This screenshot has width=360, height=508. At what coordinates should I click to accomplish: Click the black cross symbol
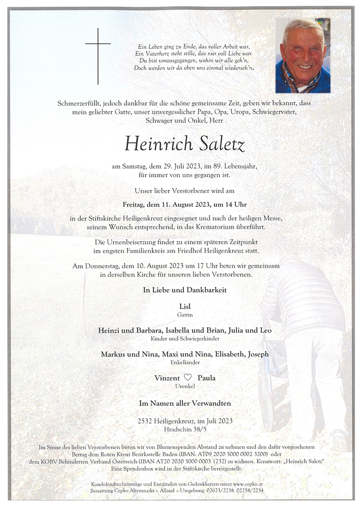98,55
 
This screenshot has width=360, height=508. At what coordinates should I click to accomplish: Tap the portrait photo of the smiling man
303,56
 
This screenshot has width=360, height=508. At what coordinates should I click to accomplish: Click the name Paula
207,378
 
